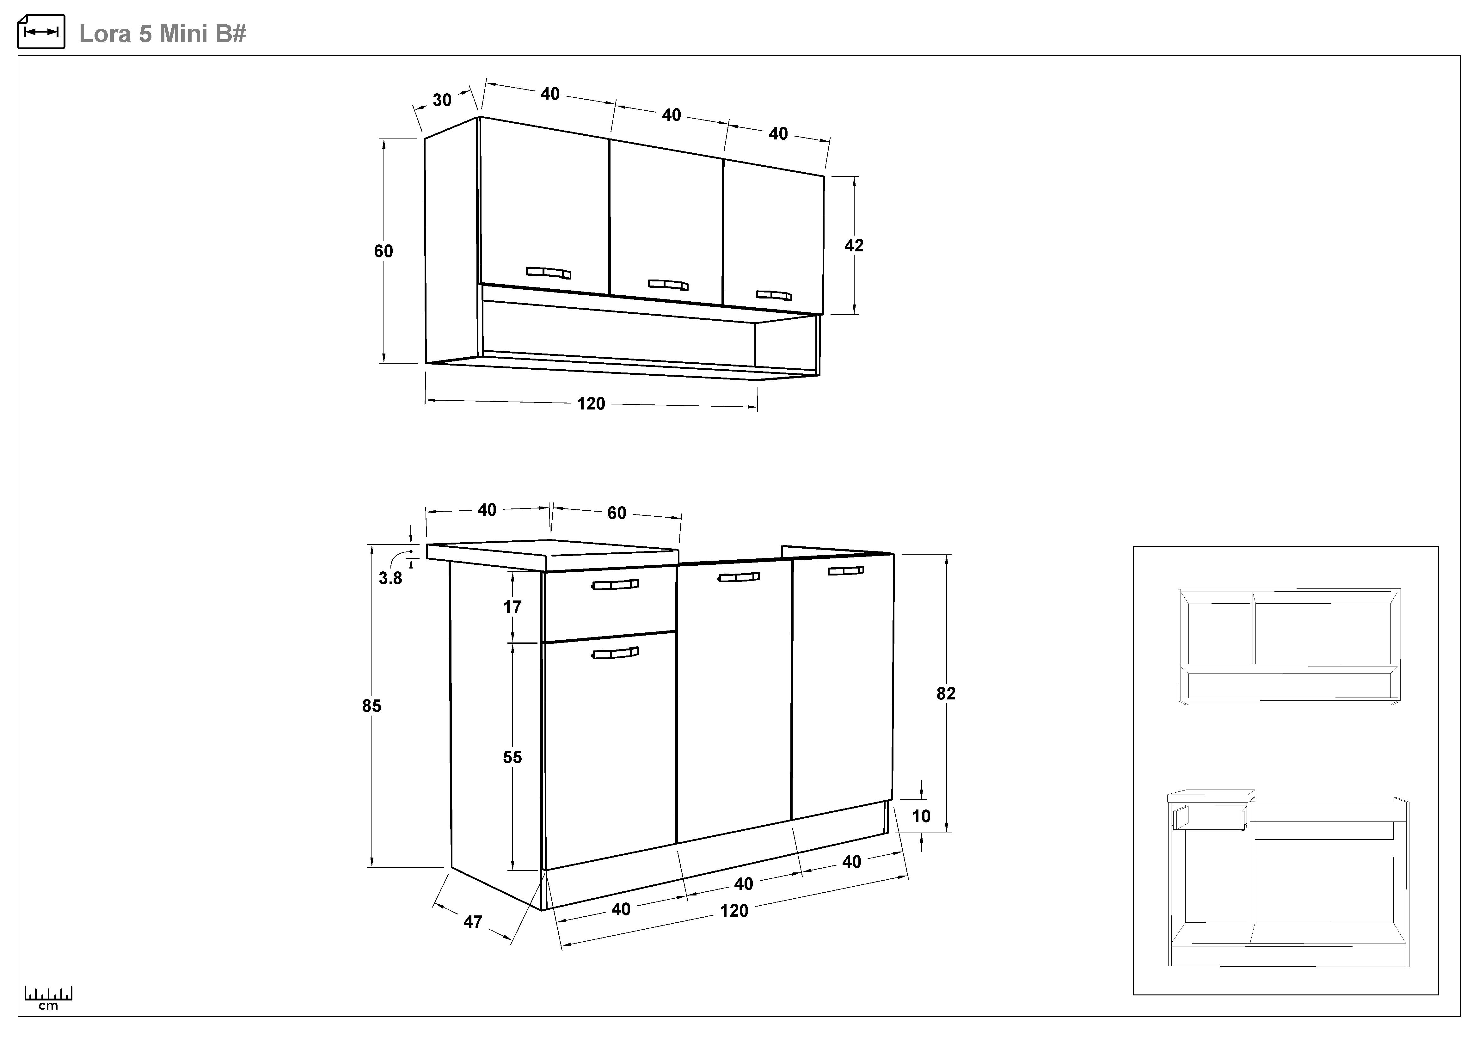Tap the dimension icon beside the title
click(x=41, y=32)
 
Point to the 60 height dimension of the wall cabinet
click(x=383, y=251)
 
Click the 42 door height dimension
click(x=854, y=245)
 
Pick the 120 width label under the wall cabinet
click(x=591, y=404)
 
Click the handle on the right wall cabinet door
click(x=774, y=295)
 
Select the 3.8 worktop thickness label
click(x=390, y=578)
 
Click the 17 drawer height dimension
click(x=512, y=607)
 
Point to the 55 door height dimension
click(x=512, y=757)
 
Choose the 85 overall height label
click(x=372, y=706)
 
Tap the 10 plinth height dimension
click(x=921, y=816)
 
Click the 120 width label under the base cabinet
click(x=734, y=911)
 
